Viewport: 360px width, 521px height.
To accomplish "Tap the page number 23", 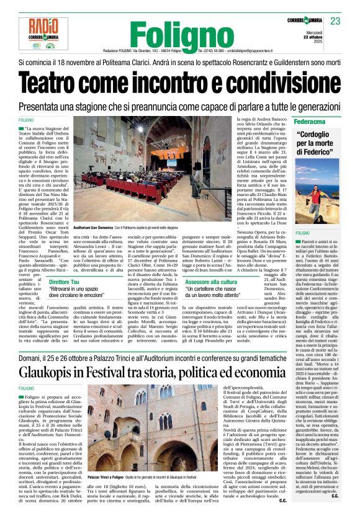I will pos(335,22).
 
